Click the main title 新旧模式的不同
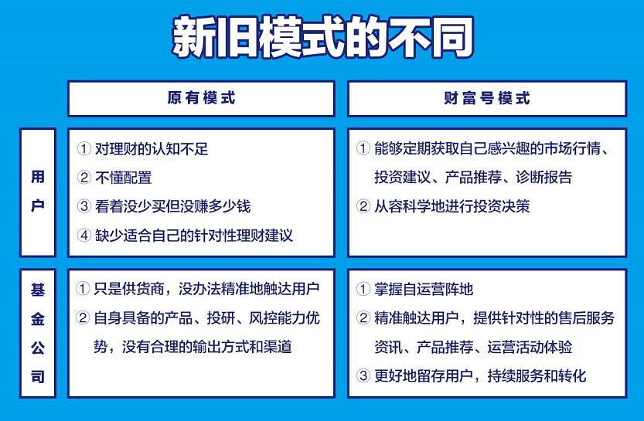[x=323, y=37]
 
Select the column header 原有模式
[x=201, y=98]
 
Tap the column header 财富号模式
[x=487, y=98]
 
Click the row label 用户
[x=37, y=192]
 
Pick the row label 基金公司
[x=37, y=333]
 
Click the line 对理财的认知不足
[x=152, y=148]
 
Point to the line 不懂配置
[x=123, y=178]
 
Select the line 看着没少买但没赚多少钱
[x=173, y=206]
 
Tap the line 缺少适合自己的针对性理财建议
[x=194, y=236]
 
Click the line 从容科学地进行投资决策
[x=451, y=206]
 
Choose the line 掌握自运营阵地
[x=424, y=289]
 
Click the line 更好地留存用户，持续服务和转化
[x=480, y=376]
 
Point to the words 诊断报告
[x=543, y=177]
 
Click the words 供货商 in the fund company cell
[x=143, y=289]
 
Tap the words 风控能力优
[x=285, y=318]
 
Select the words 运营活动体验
[x=530, y=347]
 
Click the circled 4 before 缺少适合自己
[x=83, y=236]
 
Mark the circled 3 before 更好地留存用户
[x=363, y=376]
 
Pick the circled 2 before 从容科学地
[x=363, y=206]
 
